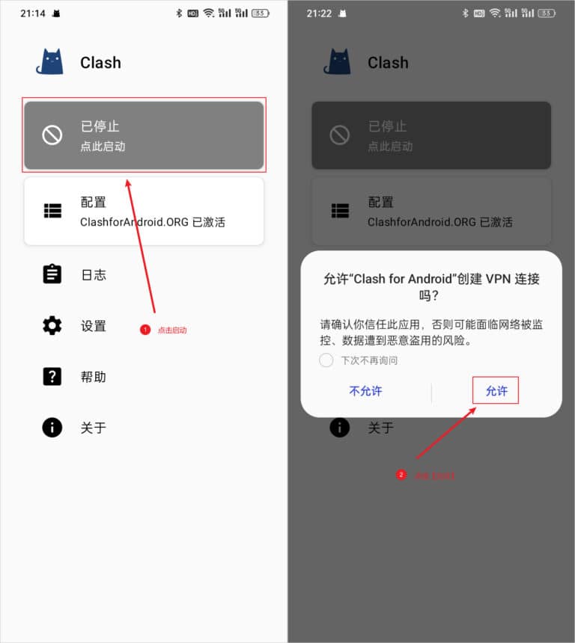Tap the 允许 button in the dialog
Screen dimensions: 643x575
pos(496,391)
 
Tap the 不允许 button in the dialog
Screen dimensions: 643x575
pos(365,391)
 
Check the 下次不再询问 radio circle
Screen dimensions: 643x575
pos(326,360)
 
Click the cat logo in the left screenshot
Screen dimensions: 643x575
pos(50,62)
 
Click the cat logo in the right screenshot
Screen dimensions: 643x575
pos(338,62)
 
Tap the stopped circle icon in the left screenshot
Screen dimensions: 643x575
pos(52,135)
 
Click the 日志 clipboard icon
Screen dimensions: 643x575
pos(52,274)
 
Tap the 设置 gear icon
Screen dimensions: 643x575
pos(52,325)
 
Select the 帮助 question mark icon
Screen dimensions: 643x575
pos(52,376)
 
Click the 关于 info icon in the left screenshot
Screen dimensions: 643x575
pos(52,427)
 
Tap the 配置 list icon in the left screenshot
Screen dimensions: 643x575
pos(52,211)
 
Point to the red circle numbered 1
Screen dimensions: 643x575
pos(145,330)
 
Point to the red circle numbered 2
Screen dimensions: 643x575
pos(401,475)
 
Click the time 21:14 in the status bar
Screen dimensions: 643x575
pos(32,13)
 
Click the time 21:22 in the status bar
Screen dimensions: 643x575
pos(320,13)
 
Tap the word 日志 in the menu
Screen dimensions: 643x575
pos(94,274)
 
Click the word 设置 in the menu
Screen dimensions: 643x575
pos(94,325)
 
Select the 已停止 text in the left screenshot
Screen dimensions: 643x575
pos(100,126)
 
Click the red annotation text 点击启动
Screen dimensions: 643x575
pos(172,330)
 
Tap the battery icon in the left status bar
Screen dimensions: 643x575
pos(261,13)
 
